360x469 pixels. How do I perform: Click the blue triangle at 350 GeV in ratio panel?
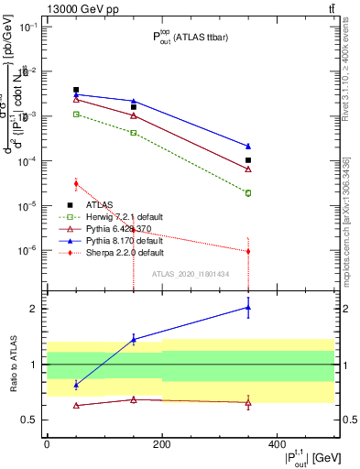click(248, 308)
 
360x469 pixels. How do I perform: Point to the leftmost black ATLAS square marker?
click(76, 90)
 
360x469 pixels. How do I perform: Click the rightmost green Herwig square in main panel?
click(248, 193)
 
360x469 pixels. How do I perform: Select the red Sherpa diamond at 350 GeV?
click(248, 251)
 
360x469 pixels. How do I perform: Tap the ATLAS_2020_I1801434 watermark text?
click(191, 275)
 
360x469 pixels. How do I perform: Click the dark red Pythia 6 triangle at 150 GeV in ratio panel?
click(134, 399)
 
